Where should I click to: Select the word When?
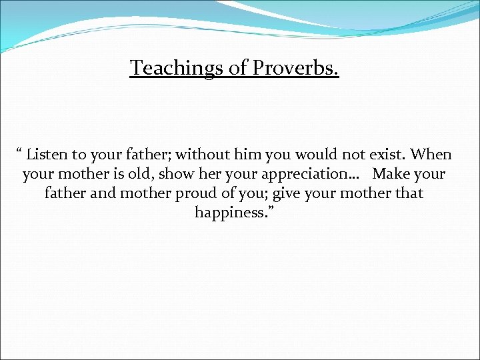tap(431, 155)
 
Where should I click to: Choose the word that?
tap(409, 194)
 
